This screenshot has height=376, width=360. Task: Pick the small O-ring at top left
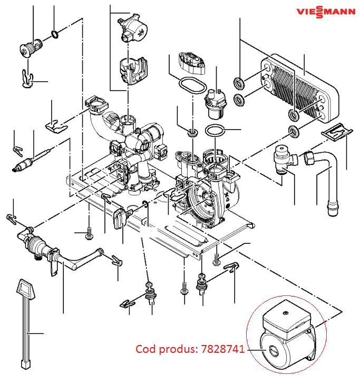coord(54,35)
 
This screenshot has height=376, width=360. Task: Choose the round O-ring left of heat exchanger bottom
coord(239,100)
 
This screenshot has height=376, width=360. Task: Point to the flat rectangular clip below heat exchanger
coord(336,132)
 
